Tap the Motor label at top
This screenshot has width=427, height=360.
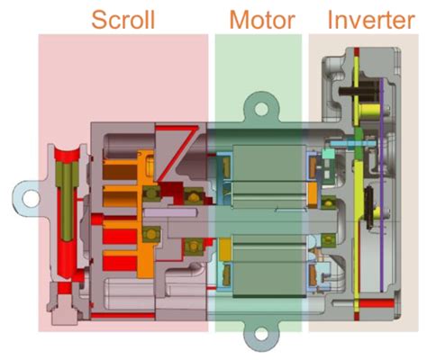click(x=261, y=19)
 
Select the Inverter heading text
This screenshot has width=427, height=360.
click(x=371, y=19)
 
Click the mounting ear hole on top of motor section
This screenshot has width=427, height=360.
click(x=261, y=111)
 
